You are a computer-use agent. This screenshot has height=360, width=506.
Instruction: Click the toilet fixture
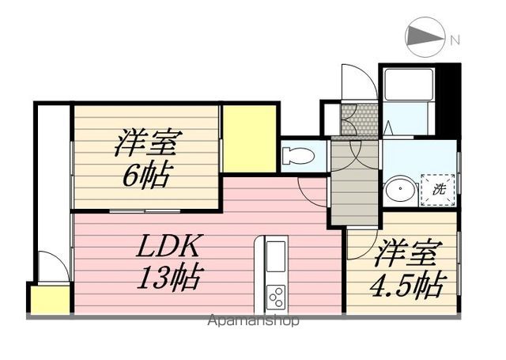pos(300,155)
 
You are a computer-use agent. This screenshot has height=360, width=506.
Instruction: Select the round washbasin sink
pos(399,191)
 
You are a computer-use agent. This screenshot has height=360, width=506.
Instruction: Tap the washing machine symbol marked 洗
pos(439,190)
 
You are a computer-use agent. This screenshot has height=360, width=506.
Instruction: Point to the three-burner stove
pos(276,296)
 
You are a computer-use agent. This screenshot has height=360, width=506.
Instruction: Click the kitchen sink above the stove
pos(275,257)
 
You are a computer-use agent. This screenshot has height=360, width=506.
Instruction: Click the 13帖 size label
pos(171,278)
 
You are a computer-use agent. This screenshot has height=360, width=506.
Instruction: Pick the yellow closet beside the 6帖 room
pos(248,138)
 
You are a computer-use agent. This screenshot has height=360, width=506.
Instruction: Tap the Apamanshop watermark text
pos(253,321)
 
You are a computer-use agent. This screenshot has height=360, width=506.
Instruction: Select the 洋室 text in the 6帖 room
pos(147,144)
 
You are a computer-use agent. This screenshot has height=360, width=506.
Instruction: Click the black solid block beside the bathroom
pos(447,98)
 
